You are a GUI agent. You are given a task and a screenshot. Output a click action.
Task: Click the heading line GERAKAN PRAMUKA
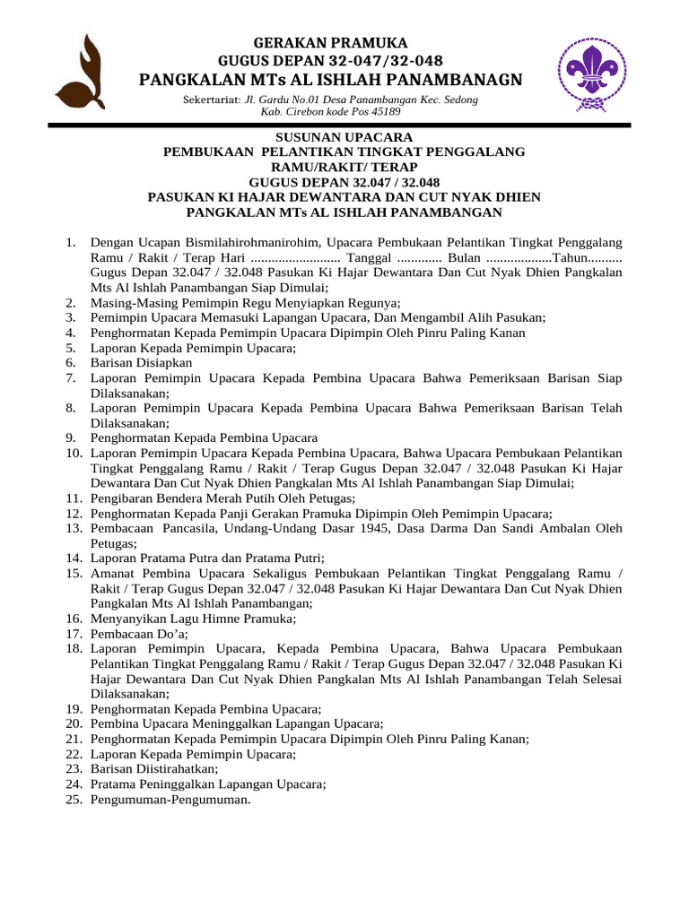click(331, 43)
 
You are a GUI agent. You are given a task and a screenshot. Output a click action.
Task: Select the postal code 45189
click(382, 112)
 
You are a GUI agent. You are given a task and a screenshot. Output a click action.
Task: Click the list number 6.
click(72, 363)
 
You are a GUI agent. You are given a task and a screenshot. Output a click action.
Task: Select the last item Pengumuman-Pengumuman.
click(170, 799)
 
